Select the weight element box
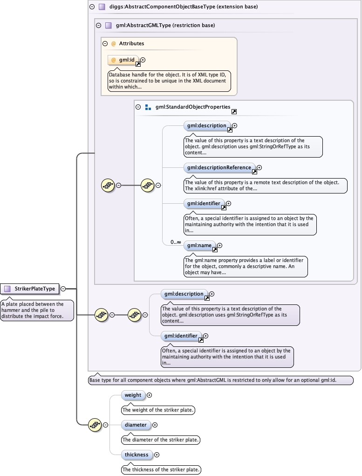click(133, 395)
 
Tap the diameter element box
click(136, 425)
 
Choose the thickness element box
click(137, 455)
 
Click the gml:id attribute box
click(123, 60)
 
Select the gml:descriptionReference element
click(219, 167)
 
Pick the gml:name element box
click(199, 245)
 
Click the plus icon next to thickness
click(157, 455)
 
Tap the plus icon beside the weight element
click(150, 395)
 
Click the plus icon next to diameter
click(155, 425)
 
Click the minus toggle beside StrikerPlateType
click(63, 289)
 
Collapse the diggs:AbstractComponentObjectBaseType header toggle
click(92, 7)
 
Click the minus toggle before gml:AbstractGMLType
click(98, 26)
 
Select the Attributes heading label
click(131, 43)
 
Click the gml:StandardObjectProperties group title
click(193, 107)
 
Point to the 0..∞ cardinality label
click(176, 242)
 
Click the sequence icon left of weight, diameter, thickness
click(95, 425)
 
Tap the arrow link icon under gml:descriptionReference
click(254, 172)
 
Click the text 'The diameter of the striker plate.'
click(161, 440)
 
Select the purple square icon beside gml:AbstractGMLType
click(109, 26)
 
